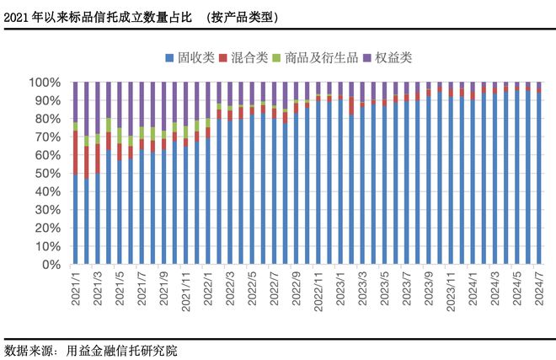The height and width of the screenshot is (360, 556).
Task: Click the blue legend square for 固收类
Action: tap(169, 58)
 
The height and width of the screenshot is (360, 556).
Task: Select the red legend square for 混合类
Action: tap(223, 58)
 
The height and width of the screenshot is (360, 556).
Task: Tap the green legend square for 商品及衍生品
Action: tap(276, 58)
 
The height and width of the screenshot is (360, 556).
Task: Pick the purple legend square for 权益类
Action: tap(366, 58)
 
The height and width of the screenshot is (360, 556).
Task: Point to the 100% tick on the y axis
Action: tap(45, 83)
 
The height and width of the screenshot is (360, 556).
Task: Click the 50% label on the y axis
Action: tap(48, 174)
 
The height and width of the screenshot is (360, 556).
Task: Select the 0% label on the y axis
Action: tap(51, 265)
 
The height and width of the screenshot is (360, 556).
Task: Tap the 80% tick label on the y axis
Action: tap(48, 119)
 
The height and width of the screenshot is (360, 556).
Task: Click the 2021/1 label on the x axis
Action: tap(76, 289)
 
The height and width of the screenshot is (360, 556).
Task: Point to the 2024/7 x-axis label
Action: tap(539, 289)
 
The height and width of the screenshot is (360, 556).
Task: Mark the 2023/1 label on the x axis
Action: tap(340, 289)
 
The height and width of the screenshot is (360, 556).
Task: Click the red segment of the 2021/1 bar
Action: tap(75, 153)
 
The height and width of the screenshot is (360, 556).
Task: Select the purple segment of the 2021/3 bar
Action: tap(98, 108)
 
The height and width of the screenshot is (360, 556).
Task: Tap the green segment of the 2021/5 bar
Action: tap(120, 136)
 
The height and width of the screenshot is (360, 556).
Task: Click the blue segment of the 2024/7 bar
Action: tap(539, 178)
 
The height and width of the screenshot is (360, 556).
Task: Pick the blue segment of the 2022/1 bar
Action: tap(208, 201)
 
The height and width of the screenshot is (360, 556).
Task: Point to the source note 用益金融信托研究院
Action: tap(121, 351)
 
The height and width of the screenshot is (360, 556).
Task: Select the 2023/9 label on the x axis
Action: tap(429, 289)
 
